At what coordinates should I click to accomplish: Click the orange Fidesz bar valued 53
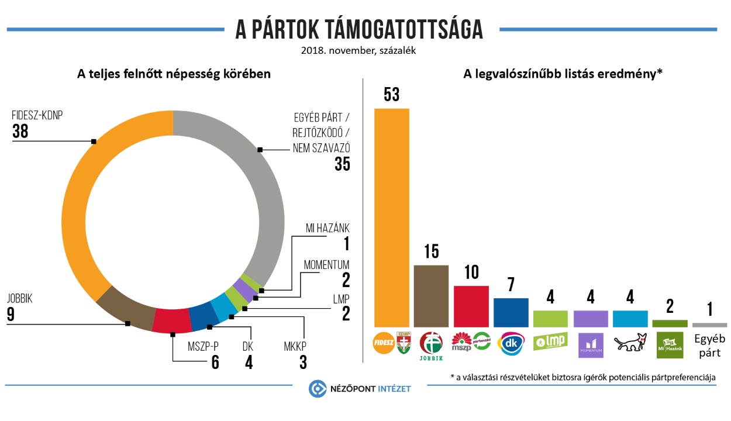391,217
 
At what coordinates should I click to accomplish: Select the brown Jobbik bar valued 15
431,295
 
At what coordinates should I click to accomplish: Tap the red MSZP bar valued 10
471,306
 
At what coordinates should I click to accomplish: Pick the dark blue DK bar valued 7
511,312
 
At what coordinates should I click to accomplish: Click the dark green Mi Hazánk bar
670,323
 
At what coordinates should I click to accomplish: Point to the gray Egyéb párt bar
709,325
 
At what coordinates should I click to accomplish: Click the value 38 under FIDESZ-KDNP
20,132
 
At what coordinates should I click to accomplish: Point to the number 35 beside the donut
342,164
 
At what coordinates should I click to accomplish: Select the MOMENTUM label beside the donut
326,264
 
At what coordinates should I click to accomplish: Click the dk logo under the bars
511,343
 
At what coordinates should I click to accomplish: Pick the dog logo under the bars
630,343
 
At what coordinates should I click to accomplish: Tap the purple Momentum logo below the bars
590,345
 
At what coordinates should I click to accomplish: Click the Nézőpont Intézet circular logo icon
318,389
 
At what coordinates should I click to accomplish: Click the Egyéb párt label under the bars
709,345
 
